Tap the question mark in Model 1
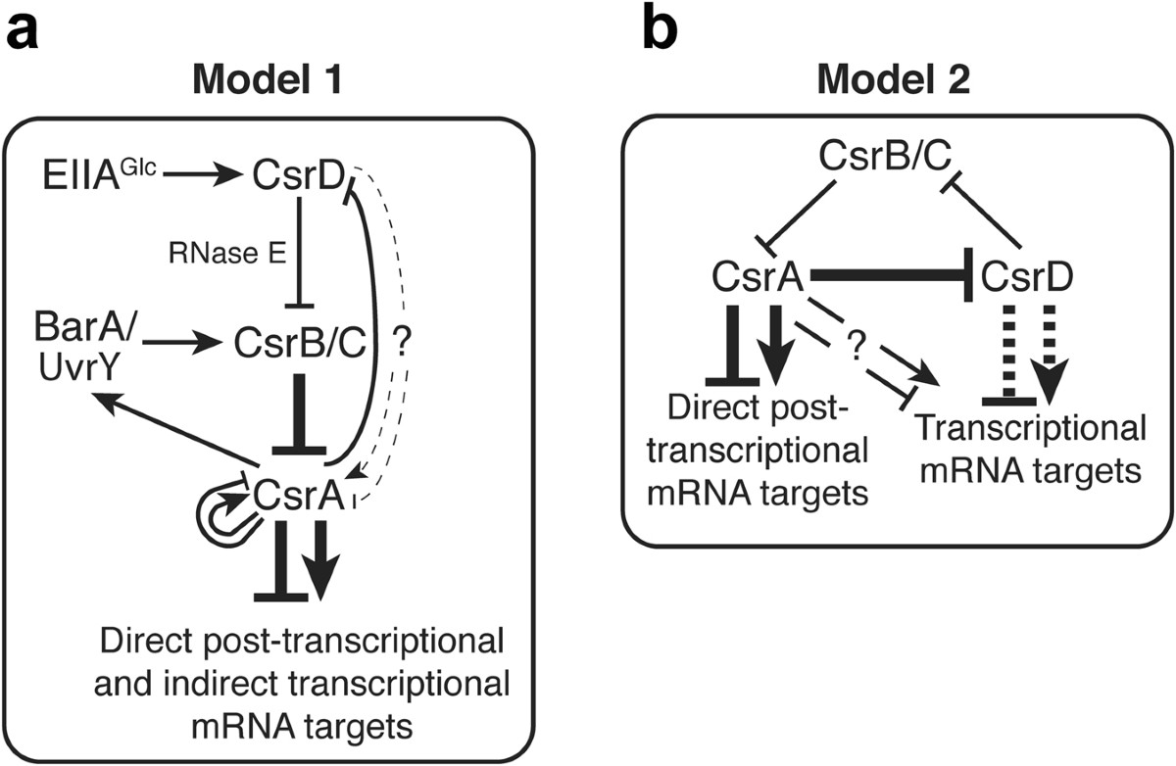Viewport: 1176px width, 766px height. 400,345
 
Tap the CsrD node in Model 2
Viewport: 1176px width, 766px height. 1026,276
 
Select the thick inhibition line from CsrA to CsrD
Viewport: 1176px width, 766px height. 892,277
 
